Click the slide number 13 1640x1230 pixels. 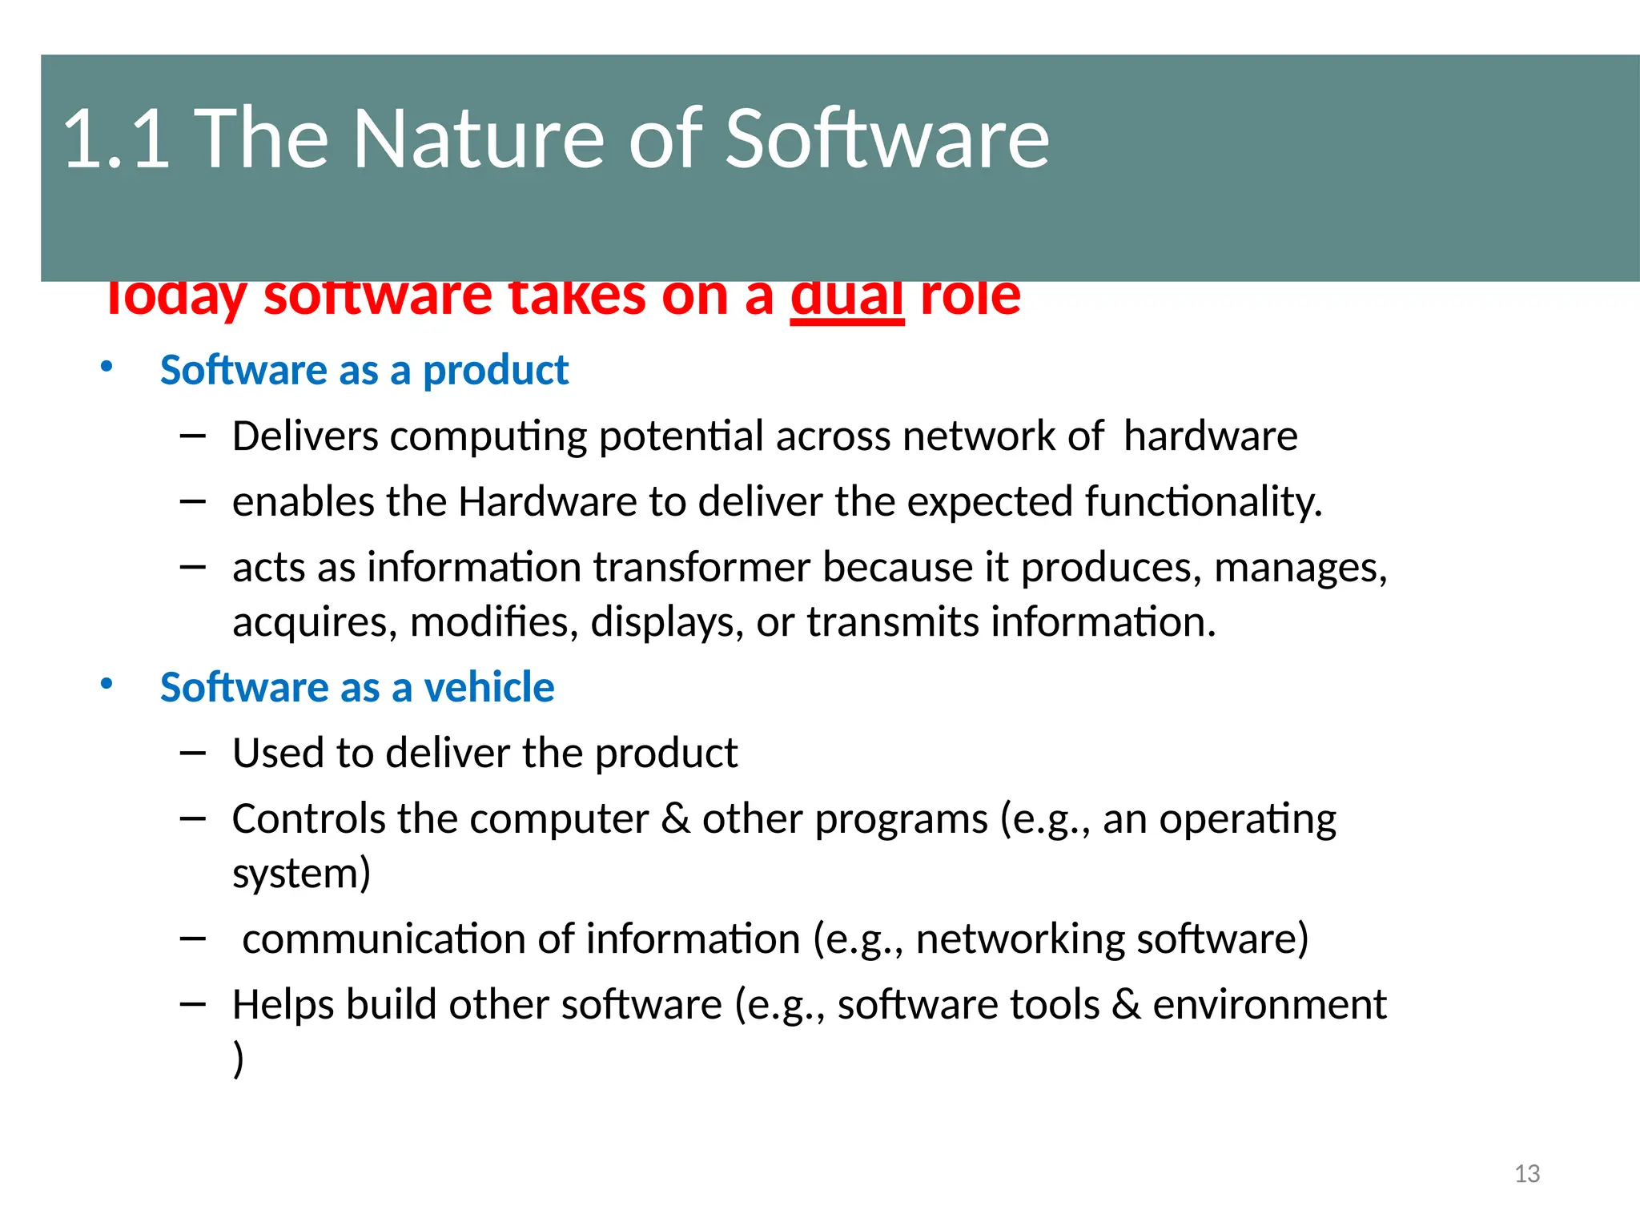click(1527, 1174)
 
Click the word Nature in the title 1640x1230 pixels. click(479, 139)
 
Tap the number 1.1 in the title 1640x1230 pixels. click(117, 139)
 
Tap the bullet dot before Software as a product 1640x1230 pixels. click(107, 368)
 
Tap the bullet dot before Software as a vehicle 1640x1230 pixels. click(107, 685)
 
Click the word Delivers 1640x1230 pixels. click(305, 437)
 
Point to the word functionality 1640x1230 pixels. click(1203, 503)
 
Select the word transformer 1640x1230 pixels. click(701, 568)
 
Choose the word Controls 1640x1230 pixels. click(309, 819)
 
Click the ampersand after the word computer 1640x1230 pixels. click(677, 819)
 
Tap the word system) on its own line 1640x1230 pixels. click(302, 874)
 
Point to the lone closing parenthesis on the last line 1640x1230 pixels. click(238, 1059)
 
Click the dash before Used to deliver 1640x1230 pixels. click(193, 754)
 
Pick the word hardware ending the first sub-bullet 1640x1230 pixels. click(1210, 437)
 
